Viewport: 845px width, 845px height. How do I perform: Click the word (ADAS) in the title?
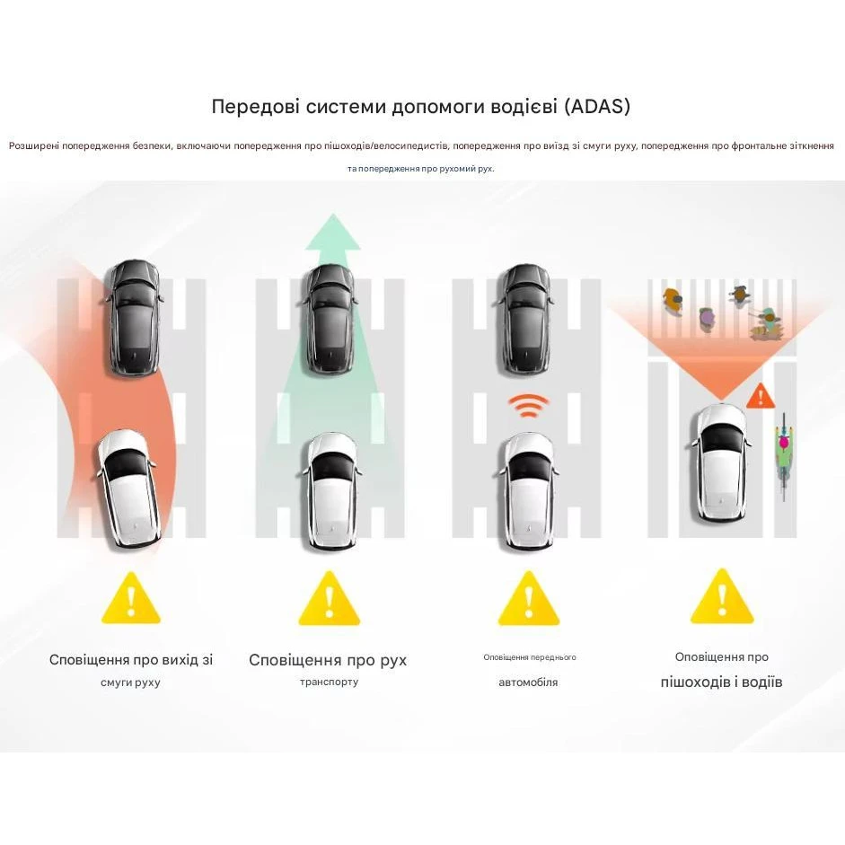[x=597, y=106]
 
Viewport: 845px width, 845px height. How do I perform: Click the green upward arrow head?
[x=332, y=232]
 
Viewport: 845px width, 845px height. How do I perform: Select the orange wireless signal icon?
[x=529, y=406]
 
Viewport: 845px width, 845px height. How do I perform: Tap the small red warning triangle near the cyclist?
[x=761, y=396]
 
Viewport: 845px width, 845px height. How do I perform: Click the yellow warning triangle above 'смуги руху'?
[x=130, y=598]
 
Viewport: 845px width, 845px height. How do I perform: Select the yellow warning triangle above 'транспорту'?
[x=330, y=598]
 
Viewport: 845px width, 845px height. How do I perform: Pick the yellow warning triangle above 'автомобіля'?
[x=529, y=598]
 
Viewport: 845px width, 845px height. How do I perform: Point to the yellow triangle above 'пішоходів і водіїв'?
[x=722, y=596]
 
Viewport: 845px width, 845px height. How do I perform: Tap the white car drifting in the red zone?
[x=128, y=489]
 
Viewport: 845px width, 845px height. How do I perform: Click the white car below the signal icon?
[x=525, y=491]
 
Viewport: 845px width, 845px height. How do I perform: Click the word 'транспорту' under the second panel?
[x=330, y=682]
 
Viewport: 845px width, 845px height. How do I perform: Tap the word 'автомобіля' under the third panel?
[x=528, y=682]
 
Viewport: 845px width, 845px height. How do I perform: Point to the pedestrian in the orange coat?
[x=672, y=300]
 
